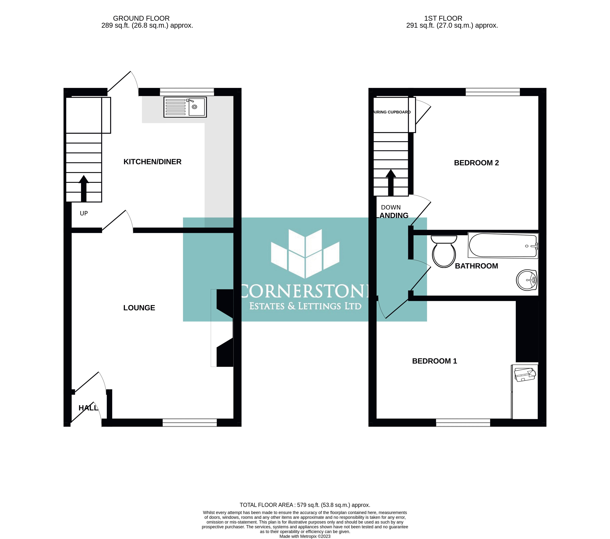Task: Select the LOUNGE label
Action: tap(139, 308)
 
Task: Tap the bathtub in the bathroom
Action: tap(503, 245)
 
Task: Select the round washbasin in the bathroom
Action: tap(527, 280)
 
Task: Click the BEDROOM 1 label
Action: tap(434, 361)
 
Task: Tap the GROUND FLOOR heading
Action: tap(141, 18)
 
